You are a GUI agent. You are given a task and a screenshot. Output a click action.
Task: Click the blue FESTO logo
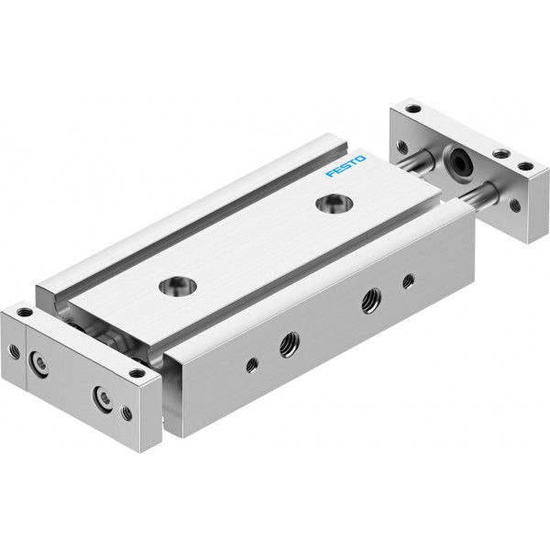click(346, 166)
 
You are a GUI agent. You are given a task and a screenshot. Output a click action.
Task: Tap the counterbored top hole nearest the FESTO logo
click(334, 203)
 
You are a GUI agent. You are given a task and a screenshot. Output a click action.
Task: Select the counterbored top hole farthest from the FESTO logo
click(178, 286)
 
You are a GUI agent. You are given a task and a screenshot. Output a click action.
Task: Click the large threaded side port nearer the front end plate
click(290, 344)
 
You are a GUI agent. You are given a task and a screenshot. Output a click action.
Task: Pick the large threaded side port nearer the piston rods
click(371, 301)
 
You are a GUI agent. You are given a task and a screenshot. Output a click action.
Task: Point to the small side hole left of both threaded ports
click(252, 365)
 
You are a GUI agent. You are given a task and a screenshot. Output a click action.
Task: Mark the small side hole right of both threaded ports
click(408, 280)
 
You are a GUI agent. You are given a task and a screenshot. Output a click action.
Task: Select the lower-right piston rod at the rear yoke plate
click(478, 197)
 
